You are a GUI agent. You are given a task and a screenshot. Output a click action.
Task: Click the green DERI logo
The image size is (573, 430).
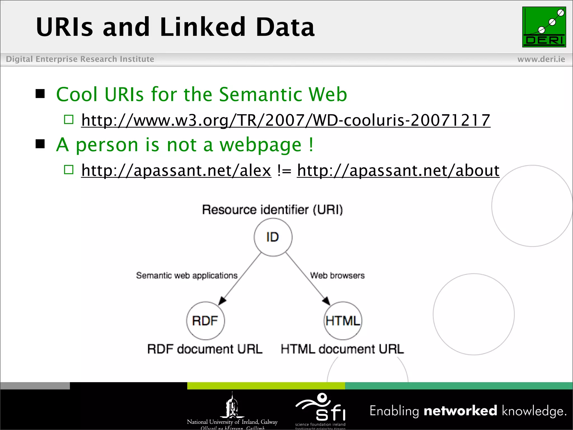(544, 27)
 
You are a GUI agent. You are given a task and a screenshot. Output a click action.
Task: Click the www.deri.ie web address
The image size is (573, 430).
(541, 59)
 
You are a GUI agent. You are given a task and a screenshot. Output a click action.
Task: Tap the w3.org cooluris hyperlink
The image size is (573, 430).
(286, 120)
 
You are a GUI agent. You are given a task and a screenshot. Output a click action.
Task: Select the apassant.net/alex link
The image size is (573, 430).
(176, 170)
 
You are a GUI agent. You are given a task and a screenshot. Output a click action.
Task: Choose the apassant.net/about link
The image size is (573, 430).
(398, 170)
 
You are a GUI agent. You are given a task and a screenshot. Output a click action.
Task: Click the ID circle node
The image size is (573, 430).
(273, 237)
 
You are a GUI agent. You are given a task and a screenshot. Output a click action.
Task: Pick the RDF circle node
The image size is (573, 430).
(205, 321)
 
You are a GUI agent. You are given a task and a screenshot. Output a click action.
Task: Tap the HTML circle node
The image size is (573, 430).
(343, 321)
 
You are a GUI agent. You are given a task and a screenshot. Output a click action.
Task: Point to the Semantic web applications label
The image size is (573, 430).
(187, 275)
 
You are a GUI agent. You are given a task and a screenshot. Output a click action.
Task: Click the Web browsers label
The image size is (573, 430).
(337, 275)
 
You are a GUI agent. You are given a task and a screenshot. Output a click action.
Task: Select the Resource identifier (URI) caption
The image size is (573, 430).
(273, 210)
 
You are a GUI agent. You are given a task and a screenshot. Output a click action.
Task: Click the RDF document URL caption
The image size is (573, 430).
(205, 349)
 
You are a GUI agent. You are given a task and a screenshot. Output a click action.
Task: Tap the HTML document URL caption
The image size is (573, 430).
(342, 349)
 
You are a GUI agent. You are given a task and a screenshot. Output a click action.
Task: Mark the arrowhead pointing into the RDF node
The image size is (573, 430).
(222, 301)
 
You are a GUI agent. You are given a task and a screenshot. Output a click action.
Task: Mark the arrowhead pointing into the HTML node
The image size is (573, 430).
(326, 301)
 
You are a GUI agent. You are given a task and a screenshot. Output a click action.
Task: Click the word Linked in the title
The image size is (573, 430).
(203, 27)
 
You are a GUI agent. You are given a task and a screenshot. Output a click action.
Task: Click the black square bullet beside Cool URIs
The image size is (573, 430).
(40, 94)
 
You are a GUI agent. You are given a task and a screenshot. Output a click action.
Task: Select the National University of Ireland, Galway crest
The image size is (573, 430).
(232, 406)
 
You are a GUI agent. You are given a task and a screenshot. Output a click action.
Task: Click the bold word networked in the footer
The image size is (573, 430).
(460, 411)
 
